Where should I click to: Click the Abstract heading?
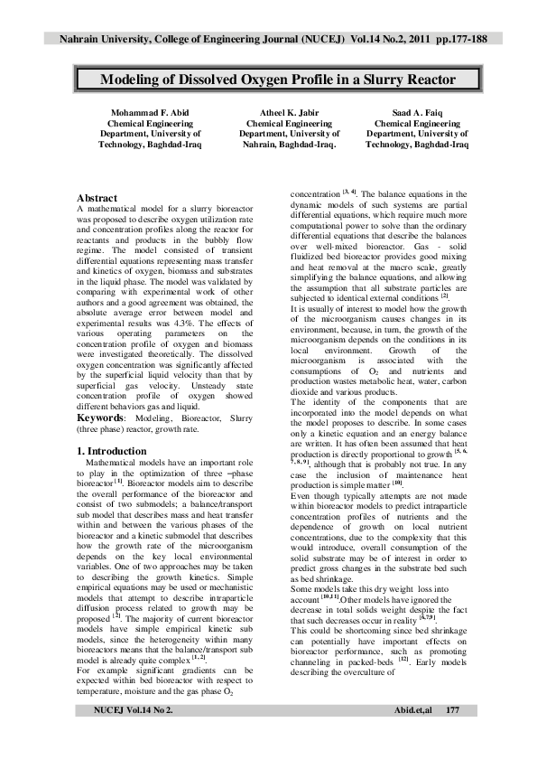pyautogui.click(x=97, y=197)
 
